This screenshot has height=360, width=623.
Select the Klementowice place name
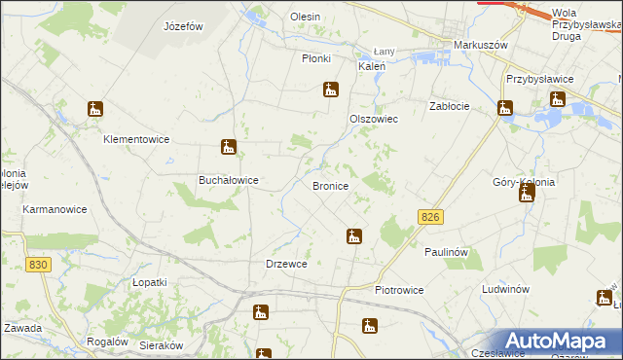[x=137, y=139]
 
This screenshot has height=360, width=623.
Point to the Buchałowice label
[x=228, y=180]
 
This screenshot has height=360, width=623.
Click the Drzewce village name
[x=287, y=264]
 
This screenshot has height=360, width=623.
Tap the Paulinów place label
[x=447, y=252]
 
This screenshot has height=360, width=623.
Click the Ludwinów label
[x=505, y=290]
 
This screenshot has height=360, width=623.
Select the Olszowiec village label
[x=374, y=118]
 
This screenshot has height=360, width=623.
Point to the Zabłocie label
[x=451, y=106]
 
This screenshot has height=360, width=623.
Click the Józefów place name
[x=184, y=26]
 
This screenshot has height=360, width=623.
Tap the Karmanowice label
[x=55, y=209]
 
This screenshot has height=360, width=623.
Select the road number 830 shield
[x=39, y=265]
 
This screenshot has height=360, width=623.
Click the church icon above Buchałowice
[x=228, y=148]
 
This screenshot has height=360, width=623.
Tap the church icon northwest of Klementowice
[x=94, y=110]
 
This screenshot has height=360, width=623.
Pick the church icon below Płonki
[x=331, y=90]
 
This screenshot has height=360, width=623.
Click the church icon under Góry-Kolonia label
[x=527, y=194]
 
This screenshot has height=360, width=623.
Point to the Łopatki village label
[x=150, y=281]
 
